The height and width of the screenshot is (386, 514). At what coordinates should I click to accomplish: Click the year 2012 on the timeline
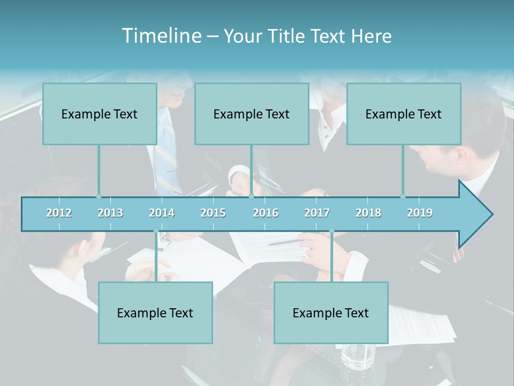(x=59, y=213)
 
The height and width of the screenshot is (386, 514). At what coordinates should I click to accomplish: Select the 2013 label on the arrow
(x=110, y=213)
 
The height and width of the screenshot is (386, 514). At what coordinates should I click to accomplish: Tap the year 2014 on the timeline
(x=162, y=213)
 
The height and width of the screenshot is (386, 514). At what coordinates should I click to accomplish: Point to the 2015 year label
(x=213, y=213)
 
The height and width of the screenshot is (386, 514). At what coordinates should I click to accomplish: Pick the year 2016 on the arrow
(x=266, y=213)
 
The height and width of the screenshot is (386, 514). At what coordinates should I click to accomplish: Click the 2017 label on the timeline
(x=317, y=213)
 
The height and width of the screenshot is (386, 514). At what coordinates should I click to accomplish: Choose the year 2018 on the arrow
(x=368, y=213)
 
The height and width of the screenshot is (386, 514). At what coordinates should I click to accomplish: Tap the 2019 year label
(x=420, y=213)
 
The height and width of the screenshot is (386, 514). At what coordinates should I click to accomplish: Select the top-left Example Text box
(x=100, y=114)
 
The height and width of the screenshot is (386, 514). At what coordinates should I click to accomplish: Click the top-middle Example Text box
(x=252, y=114)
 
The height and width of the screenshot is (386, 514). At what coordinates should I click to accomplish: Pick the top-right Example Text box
(x=404, y=114)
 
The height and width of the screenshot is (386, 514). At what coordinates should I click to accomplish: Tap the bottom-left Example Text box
(x=155, y=313)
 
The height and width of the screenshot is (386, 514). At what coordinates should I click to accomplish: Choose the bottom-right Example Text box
(x=331, y=313)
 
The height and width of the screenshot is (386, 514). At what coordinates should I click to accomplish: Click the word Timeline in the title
(x=161, y=35)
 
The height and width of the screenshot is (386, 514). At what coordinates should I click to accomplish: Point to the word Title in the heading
(x=288, y=36)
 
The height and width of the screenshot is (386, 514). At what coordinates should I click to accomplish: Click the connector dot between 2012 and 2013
(x=99, y=197)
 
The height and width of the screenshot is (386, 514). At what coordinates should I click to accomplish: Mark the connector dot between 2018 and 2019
(x=403, y=197)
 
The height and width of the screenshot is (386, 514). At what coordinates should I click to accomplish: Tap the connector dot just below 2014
(x=156, y=231)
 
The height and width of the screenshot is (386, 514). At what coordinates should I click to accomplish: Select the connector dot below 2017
(x=331, y=231)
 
